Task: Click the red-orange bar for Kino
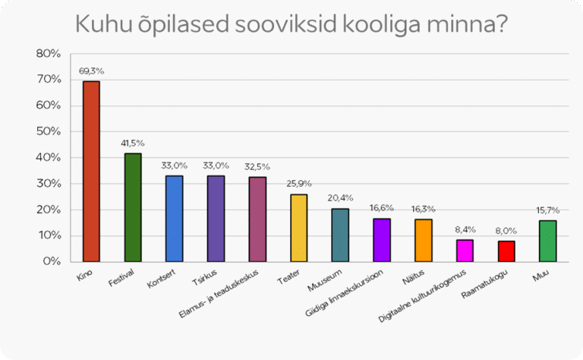(x=91, y=171)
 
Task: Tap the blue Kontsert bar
(x=174, y=218)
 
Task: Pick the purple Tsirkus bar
(x=216, y=218)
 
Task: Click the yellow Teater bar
(x=299, y=227)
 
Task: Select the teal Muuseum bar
(x=340, y=235)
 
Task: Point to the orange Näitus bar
(x=424, y=240)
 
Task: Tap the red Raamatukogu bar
(x=506, y=251)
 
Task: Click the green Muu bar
(x=548, y=241)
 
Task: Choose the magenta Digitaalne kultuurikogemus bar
(x=465, y=250)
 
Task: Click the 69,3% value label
(x=91, y=71)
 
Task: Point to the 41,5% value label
(x=132, y=144)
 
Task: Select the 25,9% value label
(x=299, y=184)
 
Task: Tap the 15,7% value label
(x=548, y=210)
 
